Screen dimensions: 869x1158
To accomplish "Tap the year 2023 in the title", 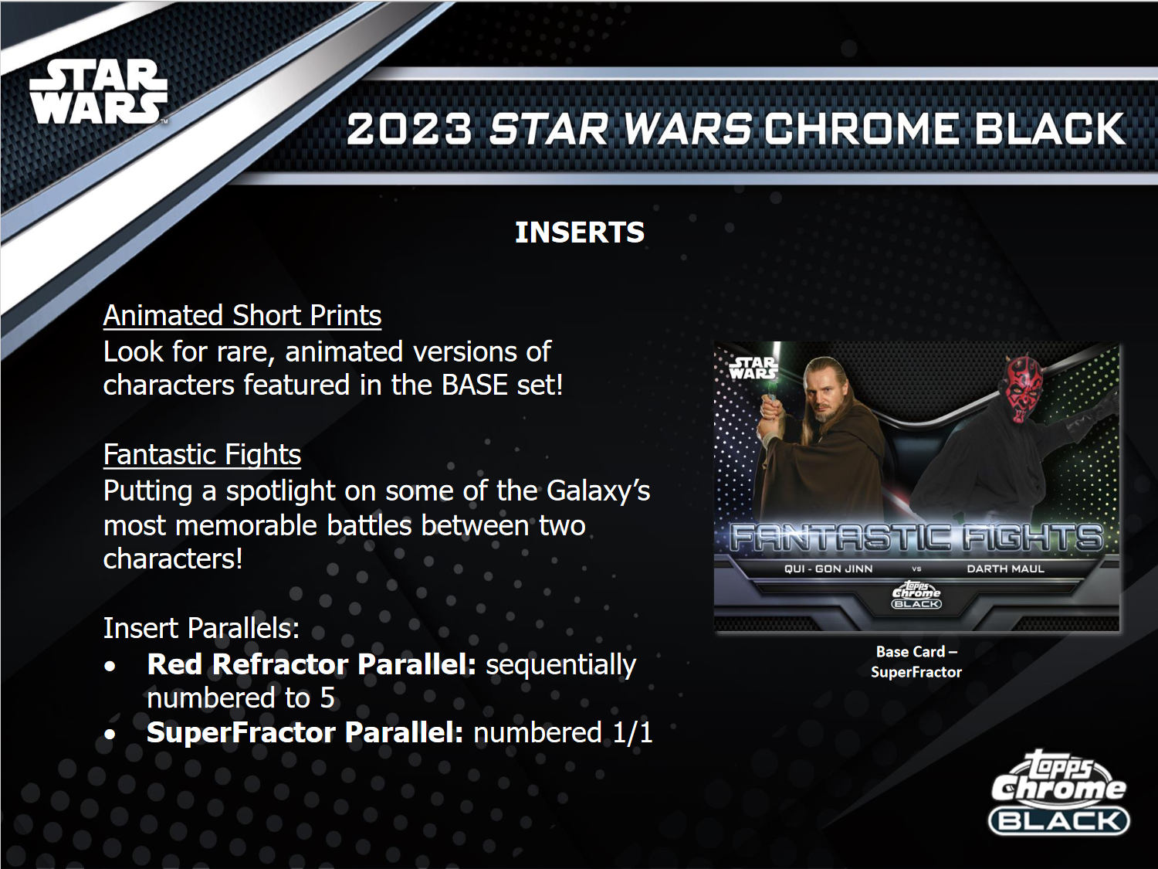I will coord(408,129).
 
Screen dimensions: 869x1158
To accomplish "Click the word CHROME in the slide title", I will coord(862,129).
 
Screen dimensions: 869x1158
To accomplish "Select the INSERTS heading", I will coord(579,233).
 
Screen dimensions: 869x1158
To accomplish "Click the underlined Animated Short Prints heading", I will coord(242,315).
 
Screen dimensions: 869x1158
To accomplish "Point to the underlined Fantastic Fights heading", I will coord(202,454).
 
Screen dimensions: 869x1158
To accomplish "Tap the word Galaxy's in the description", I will coord(598,491).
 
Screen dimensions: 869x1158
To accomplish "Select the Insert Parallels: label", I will coord(201,628).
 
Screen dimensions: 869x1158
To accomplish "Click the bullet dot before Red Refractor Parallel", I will coord(110,666).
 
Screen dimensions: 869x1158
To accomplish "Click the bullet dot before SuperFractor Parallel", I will coord(110,734).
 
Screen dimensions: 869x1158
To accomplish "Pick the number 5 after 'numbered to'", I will coord(327,698).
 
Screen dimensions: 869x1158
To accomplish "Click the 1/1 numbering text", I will coord(632,732).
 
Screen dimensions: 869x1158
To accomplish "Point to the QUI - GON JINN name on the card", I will coord(828,569).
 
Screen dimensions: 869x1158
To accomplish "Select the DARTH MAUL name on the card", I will coord(1005,569).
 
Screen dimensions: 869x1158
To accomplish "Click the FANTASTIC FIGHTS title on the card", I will coord(916,538).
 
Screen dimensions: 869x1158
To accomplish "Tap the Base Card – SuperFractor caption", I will coord(916,662).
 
